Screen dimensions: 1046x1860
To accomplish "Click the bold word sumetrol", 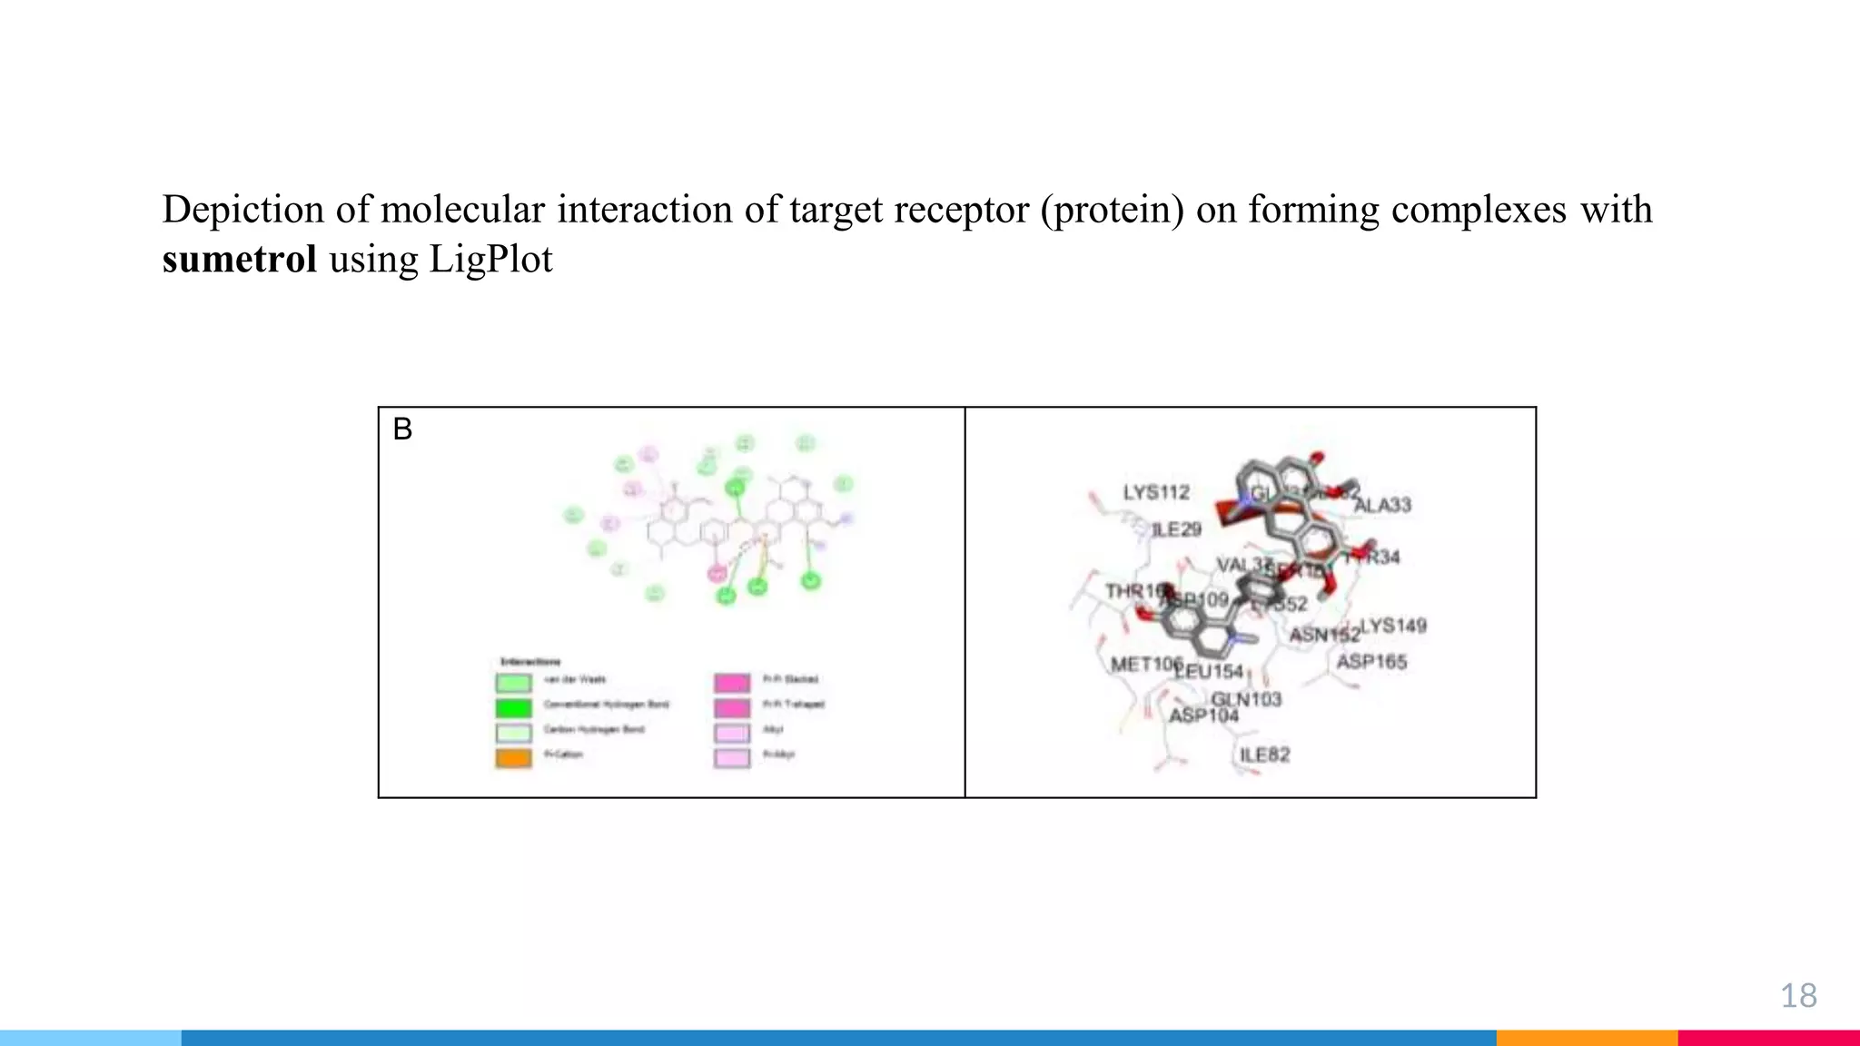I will click(239, 260).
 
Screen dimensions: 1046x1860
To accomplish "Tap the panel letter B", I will click(402, 429).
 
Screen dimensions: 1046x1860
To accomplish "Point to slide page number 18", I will click(1798, 996).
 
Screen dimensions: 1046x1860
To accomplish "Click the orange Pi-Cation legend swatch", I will click(513, 756).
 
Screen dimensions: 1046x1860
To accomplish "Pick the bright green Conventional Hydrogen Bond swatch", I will click(513, 706).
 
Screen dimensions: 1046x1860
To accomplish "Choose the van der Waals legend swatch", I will click(513, 682).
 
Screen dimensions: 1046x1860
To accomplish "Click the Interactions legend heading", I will click(530, 661).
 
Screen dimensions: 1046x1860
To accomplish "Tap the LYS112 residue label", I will click(1156, 492).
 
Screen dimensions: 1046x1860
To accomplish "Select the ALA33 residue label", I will click(1382, 505).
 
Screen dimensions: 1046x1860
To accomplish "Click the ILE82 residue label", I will click(1264, 755).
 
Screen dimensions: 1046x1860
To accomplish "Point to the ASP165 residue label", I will click(1371, 662).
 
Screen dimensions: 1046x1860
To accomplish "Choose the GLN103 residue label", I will click(1246, 698).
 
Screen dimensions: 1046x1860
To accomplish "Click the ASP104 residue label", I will click(1203, 715).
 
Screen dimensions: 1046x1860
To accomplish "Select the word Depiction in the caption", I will click(242, 210).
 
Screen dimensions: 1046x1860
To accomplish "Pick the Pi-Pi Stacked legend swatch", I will click(732, 682).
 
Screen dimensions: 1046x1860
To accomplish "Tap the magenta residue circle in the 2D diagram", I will click(717, 573).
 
